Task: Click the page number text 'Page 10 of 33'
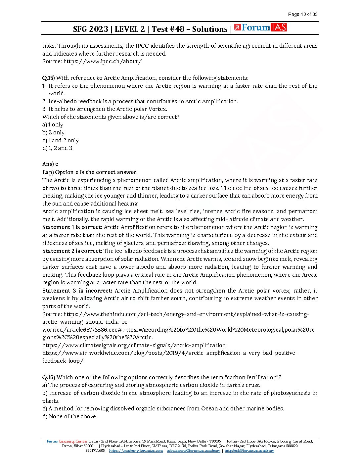[302, 14]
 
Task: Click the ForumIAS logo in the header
[260, 28]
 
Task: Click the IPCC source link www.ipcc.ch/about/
[103, 61]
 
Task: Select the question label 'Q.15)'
[48, 78]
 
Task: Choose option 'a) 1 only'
[53, 125]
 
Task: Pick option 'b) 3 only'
[53, 132]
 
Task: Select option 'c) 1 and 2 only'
[60, 140]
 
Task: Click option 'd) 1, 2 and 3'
[57, 148]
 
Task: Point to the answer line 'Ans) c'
[50, 164]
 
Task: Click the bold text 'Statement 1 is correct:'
[72, 227]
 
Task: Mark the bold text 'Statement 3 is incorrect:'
[77, 291]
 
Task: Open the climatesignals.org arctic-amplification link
[134, 345]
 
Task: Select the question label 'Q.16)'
[49, 377]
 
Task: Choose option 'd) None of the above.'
[70, 416]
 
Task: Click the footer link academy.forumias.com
[136, 450]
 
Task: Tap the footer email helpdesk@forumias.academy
[249, 450]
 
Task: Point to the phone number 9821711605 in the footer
[95, 450]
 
